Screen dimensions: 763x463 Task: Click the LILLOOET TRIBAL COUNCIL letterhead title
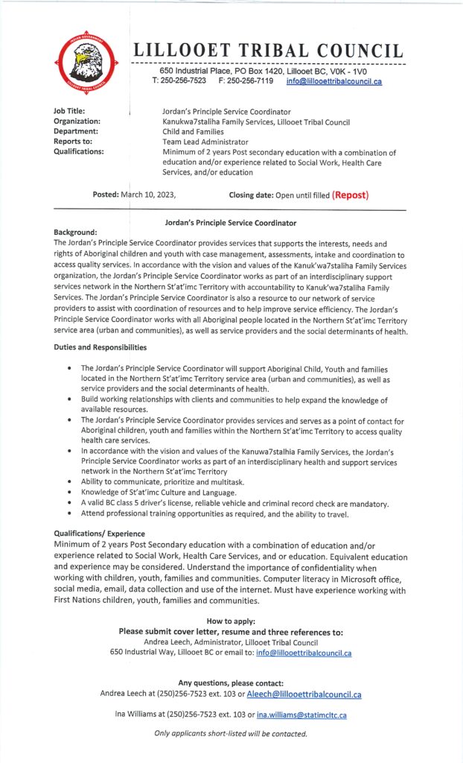pos(268,51)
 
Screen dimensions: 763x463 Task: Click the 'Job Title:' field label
pos(69,111)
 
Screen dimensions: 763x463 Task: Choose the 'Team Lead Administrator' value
pos(205,142)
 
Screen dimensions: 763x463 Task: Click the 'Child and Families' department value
pos(194,132)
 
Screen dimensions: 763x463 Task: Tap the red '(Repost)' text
pos(350,195)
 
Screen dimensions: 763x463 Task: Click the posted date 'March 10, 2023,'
pos(153,195)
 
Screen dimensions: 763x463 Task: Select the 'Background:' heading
pos(76,232)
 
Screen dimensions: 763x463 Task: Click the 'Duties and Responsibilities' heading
pos(100,347)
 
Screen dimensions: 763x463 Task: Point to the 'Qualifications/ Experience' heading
pos(100,534)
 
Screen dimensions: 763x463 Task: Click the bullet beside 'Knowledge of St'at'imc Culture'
pos(69,493)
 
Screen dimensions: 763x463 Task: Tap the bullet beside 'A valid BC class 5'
pos(69,504)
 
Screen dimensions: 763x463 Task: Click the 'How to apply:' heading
pos(231,621)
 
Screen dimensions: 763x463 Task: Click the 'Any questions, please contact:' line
pos(231,683)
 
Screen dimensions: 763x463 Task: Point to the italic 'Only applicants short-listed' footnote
pos(231,734)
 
